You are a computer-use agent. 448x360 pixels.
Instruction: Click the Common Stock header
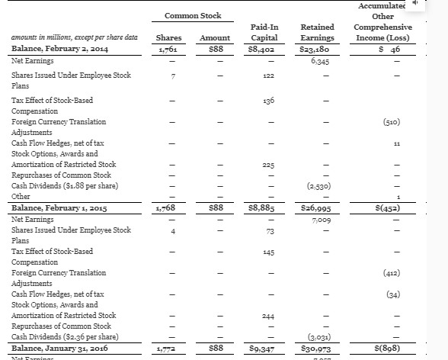point(193,15)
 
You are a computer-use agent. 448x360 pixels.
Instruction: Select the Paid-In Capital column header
point(263,32)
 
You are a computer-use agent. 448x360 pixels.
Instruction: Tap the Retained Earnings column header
point(316,32)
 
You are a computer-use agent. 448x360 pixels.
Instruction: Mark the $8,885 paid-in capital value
point(263,208)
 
